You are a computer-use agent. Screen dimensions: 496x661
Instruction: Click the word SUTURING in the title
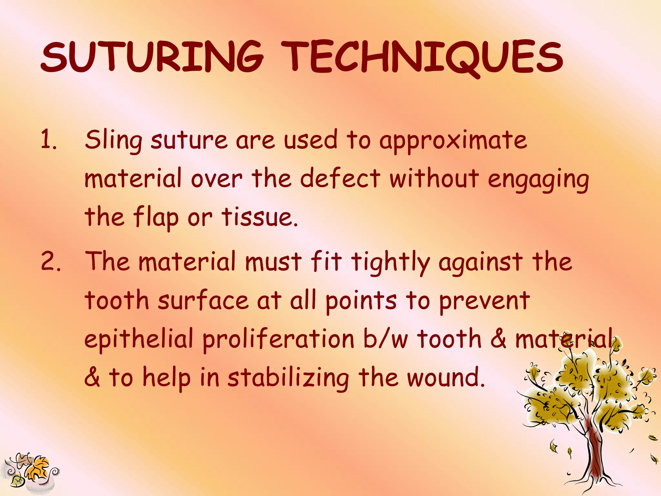[x=152, y=57]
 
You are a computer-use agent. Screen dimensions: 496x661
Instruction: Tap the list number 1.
[x=48, y=140]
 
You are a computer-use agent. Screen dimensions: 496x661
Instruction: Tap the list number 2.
[x=50, y=262]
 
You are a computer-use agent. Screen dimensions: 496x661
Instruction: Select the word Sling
[x=114, y=140]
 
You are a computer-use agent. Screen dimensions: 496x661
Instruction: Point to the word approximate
[x=453, y=141]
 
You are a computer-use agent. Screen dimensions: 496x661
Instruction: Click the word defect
[x=340, y=178]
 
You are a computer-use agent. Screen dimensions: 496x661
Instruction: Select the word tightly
[x=391, y=262]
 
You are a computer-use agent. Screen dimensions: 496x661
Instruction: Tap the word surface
[x=203, y=300]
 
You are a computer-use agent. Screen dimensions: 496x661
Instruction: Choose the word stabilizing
[x=288, y=378]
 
